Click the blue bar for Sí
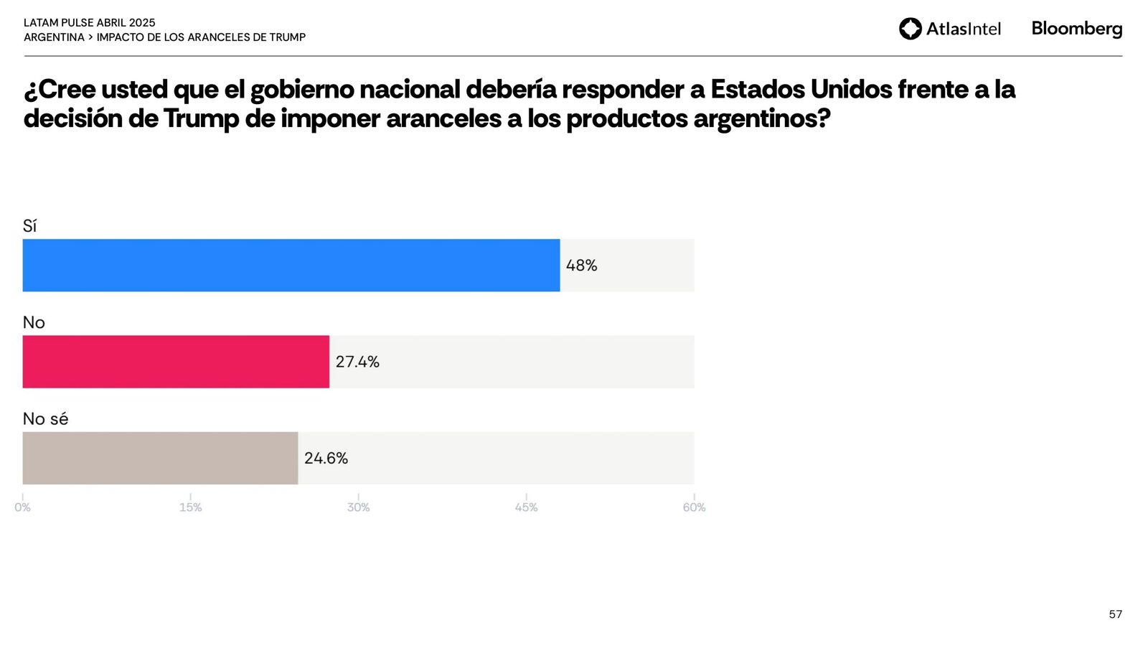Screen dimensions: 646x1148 pos(291,265)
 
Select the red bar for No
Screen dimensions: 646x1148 pos(176,361)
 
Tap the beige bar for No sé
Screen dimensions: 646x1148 pos(160,458)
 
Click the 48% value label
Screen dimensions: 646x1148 pos(581,266)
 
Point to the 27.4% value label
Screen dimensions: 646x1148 pos(357,362)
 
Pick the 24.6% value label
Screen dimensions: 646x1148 pos(326,458)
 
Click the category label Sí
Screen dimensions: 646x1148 pos(29,226)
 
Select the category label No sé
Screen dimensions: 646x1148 pos(45,418)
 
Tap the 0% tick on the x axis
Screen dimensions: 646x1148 pos(22,507)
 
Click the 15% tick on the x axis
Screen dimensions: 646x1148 pos(190,507)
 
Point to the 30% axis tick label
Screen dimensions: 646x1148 pos(358,507)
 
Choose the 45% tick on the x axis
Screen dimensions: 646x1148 pos(526,507)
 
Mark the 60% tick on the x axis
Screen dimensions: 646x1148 pos(694,507)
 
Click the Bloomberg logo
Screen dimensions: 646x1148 pos(1076,29)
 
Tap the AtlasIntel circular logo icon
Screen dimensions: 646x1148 pos(911,29)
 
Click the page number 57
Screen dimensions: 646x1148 pos(1115,614)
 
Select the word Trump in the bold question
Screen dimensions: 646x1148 pos(201,118)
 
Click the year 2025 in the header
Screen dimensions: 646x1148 pos(142,23)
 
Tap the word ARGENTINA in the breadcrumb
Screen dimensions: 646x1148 pos(54,37)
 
